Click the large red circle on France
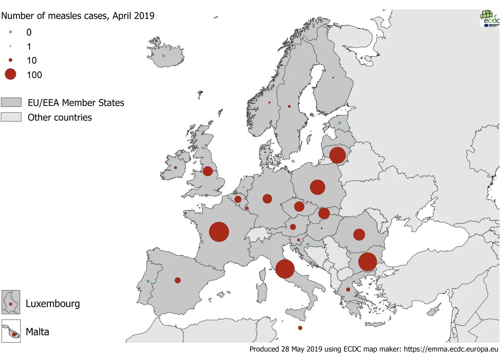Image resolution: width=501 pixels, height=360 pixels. click(219, 232)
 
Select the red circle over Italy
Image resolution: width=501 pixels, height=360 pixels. click(285, 269)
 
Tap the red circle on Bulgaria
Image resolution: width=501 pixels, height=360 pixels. click(367, 262)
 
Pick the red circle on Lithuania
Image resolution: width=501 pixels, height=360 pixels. click(337, 155)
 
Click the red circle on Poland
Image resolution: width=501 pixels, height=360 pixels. click(317, 187)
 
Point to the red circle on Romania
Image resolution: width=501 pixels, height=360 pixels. click(359, 234)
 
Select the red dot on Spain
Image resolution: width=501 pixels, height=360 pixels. click(177, 280)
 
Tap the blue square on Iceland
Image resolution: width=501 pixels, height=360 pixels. click(164, 56)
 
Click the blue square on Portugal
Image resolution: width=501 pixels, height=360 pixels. click(148, 281)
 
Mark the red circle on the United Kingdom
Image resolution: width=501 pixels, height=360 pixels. click(208, 171)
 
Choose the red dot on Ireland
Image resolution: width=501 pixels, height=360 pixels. click(176, 168)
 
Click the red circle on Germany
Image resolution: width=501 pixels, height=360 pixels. click(267, 199)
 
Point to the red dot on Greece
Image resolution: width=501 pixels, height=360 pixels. click(348, 289)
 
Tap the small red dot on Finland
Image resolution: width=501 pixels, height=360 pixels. click(333, 78)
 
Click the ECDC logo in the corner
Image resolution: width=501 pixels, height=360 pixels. click(489, 18)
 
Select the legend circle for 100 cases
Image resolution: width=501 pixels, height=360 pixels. click(10, 74)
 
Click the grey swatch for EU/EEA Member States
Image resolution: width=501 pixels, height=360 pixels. click(11, 102)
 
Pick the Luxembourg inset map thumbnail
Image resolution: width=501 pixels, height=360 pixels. click(11, 302)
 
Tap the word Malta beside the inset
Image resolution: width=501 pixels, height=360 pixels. click(37, 332)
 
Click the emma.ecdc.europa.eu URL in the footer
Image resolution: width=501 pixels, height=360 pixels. click(451, 349)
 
